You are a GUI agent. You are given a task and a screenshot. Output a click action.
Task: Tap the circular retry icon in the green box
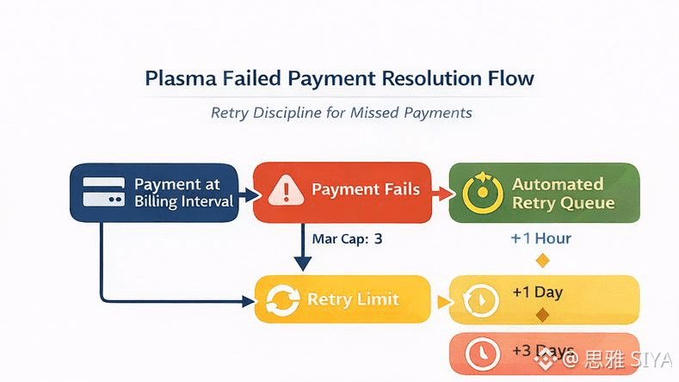click(x=480, y=194)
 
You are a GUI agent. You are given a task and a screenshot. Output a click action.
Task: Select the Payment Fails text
click(x=366, y=189)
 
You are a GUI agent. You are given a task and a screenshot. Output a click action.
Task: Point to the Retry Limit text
click(x=353, y=299)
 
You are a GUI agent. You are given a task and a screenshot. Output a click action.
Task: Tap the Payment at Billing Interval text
click(x=183, y=193)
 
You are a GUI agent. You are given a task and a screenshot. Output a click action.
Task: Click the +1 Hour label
click(x=540, y=238)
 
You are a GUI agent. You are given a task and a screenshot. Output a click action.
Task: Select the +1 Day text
click(x=537, y=292)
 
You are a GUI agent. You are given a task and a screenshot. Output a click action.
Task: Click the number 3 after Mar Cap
click(x=377, y=239)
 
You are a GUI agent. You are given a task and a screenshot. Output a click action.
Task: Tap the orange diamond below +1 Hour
click(x=542, y=260)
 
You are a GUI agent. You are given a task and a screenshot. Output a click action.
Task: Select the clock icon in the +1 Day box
click(x=479, y=300)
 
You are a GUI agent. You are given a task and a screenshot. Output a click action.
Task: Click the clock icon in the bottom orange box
click(x=481, y=354)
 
